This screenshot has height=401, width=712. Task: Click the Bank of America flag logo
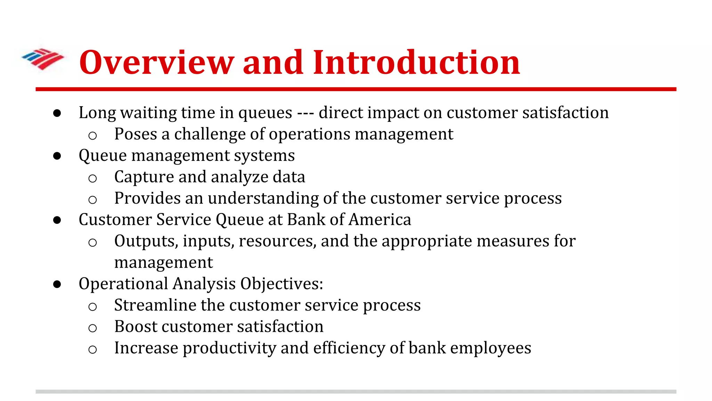[x=43, y=58]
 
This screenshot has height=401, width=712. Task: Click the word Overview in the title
[x=156, y=63]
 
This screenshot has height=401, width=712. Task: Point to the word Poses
[x=136, y=134]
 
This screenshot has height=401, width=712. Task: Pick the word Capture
[x=144, y=177]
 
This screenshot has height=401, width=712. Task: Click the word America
[x=380, y=220]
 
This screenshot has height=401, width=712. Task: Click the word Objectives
[x=281, y=284]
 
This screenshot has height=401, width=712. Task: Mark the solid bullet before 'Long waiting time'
[x=57, y=113]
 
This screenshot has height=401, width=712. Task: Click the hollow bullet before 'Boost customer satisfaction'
[x=92, y=328]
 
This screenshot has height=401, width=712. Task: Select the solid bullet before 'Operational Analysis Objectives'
[x=57, y=284]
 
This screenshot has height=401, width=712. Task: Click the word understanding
[x=263, y=198]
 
